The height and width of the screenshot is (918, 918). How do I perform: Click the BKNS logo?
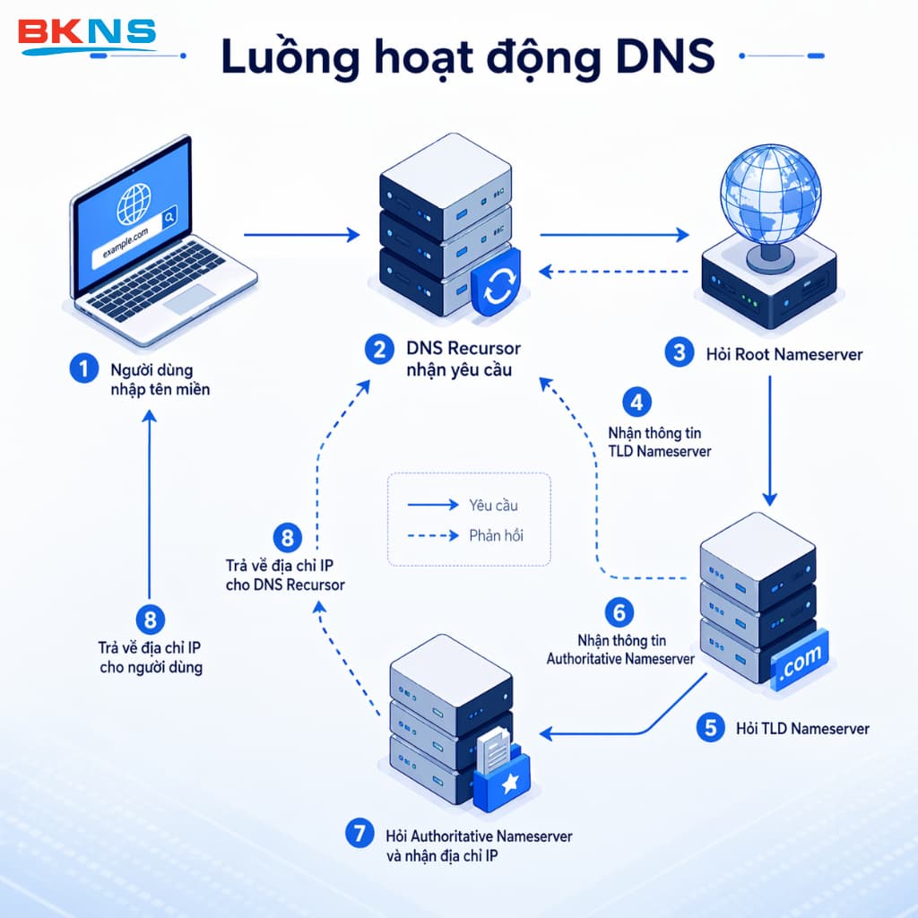click(87, 37)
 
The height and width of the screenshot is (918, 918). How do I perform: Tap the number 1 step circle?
click(83, 368)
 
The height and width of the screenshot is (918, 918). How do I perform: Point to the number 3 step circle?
click(678, 352)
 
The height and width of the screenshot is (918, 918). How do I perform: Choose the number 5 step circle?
click(711, 727)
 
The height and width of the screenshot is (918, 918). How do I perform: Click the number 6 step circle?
click(619, 613)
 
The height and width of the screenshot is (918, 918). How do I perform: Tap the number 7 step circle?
click(359, 833)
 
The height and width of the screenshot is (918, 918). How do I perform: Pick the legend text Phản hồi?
click(496, 535)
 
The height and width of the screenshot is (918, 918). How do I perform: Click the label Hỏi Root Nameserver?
click(782, 354)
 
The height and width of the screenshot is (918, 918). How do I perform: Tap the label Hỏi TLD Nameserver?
click(802, 728)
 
